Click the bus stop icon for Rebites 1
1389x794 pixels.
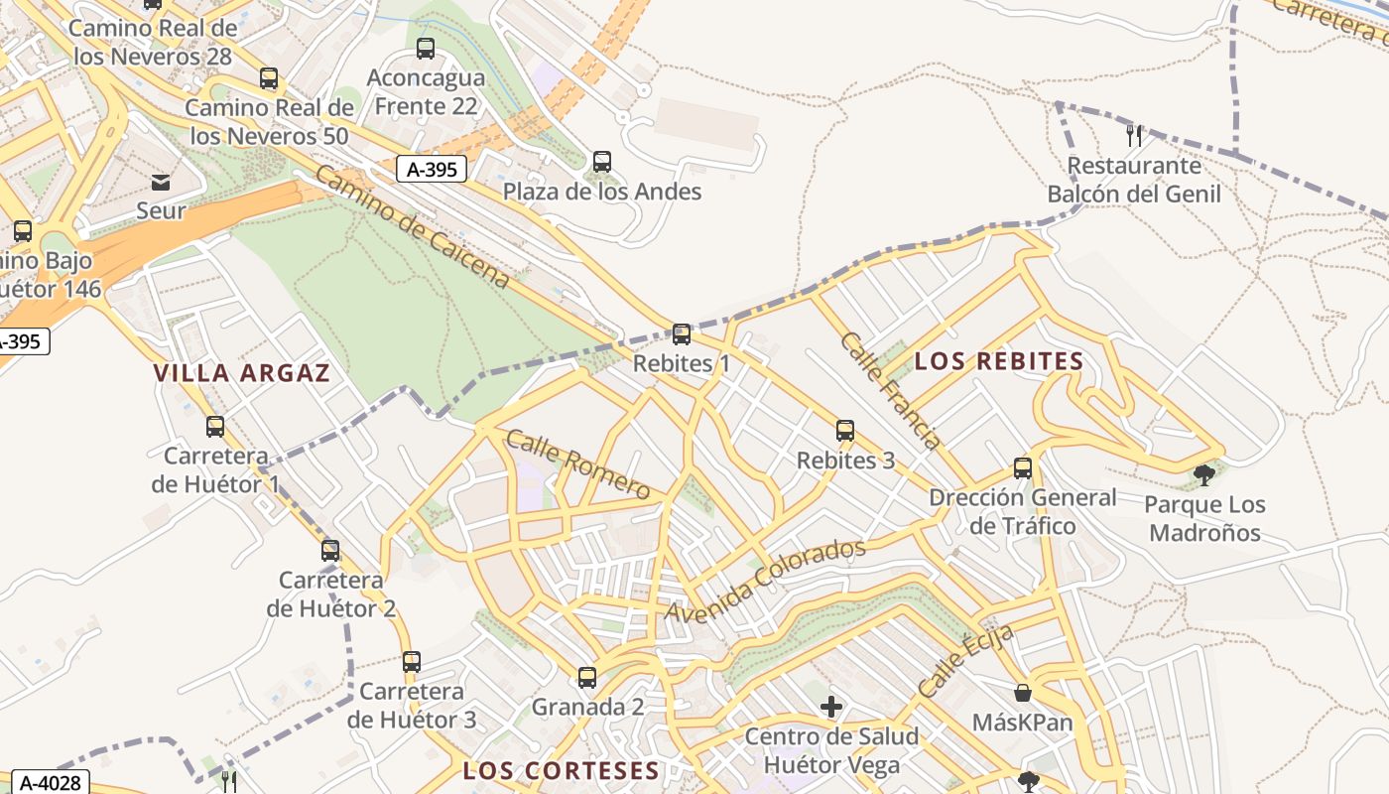tap(681, 334)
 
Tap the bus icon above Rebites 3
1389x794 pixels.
tap(845, 431)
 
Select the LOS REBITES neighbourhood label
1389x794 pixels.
tap(999, 361)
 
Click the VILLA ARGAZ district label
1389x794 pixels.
tap(241, 373)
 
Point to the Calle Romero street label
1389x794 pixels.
tap(577, 463)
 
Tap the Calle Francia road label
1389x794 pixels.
tap(890, 390)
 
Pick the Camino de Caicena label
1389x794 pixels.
tap(413, 227)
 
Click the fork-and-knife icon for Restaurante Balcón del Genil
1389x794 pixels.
tap(1134, 135)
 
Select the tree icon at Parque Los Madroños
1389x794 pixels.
tap(1204, 475)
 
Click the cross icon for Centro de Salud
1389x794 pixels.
tap(831, 707)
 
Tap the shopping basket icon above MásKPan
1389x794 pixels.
tap(1023, 693)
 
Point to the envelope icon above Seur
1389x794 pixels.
tap(161, 182)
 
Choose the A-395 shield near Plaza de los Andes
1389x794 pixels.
tap(432, 169)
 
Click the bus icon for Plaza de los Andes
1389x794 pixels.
tap(601, 162)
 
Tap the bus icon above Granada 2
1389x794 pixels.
tap(587, 678)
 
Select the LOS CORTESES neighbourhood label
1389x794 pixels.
tap(561, 770)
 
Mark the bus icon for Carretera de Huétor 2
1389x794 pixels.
tap(330, 550)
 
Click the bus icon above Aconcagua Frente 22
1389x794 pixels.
tap(426, 48)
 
